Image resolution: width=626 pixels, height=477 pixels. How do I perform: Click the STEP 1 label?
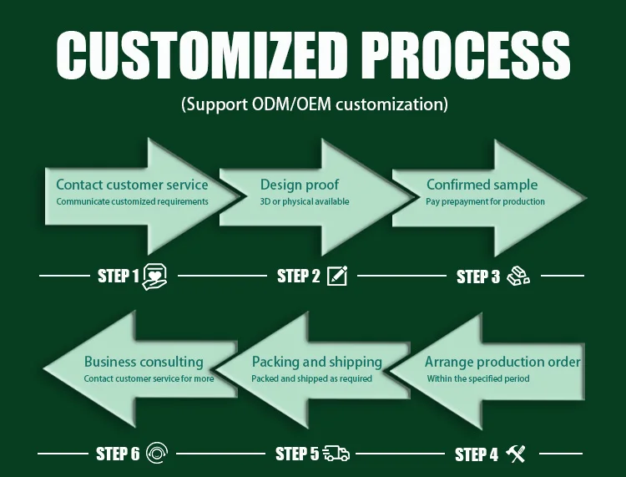[x=119, y=276]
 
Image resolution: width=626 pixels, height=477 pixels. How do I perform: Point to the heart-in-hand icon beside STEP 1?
[x=155, y=277]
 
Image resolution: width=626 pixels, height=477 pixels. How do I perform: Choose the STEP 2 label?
[x=299, y=276]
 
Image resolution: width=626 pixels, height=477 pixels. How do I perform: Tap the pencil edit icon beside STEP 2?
[x=337, y=276]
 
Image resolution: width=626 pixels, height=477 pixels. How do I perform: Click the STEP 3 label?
[x=478, y=277]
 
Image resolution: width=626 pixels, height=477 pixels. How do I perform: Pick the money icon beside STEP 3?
[x=517, y=276]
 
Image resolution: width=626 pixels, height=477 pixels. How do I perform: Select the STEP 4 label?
[x=477, y=454]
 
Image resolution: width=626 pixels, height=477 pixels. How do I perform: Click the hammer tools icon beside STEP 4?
[x=516, y=454]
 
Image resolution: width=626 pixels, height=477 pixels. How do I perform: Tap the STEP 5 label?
[x=297, y=454]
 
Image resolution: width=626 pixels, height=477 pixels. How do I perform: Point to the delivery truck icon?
[x=336, y=454]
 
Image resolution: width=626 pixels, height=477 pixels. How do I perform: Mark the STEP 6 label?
[x=118, y=454]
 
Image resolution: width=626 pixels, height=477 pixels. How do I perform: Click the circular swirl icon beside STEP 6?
[x=156, y=454]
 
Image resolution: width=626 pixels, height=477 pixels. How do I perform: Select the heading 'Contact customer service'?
[x=132, y=184]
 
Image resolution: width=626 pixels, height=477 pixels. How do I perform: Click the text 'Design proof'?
[x=300, y=184]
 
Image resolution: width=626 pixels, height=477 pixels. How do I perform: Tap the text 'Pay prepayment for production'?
[x=485, y=201]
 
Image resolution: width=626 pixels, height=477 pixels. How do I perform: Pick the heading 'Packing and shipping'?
[x=316, y=362]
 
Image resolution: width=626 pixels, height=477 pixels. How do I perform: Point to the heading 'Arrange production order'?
[x=502, y=362]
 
